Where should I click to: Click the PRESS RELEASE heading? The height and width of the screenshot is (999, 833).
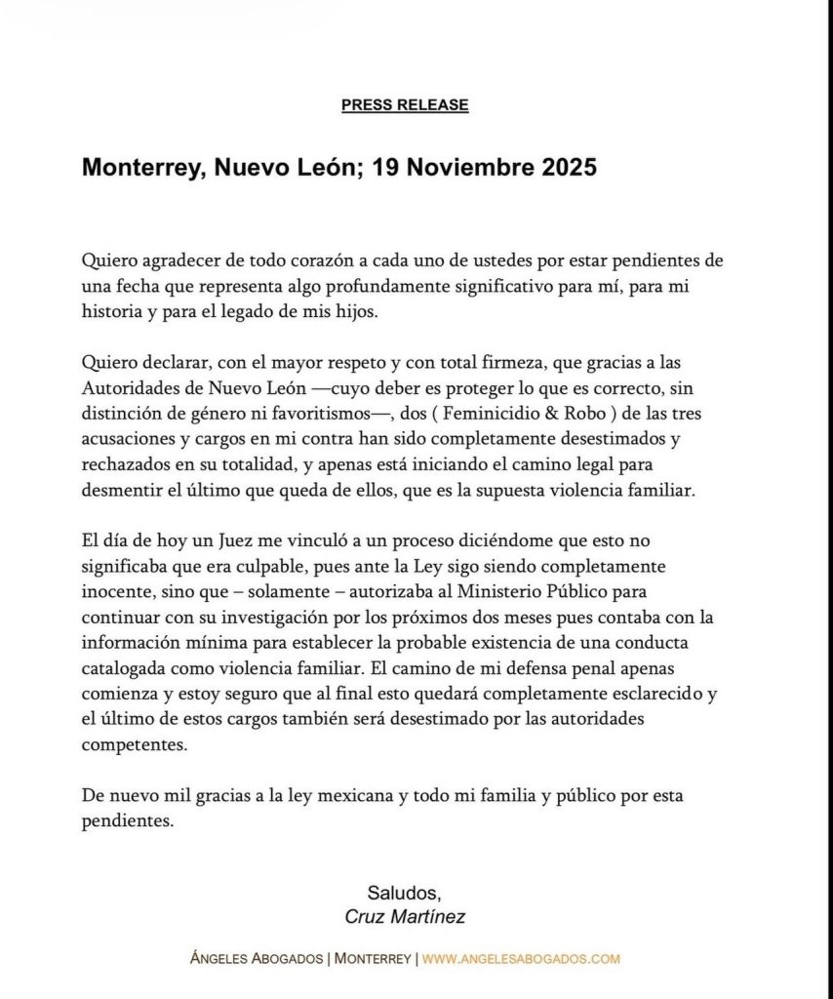click(x=405, y=105)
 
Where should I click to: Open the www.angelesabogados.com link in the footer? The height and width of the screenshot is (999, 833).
click(x=521, y=958)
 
